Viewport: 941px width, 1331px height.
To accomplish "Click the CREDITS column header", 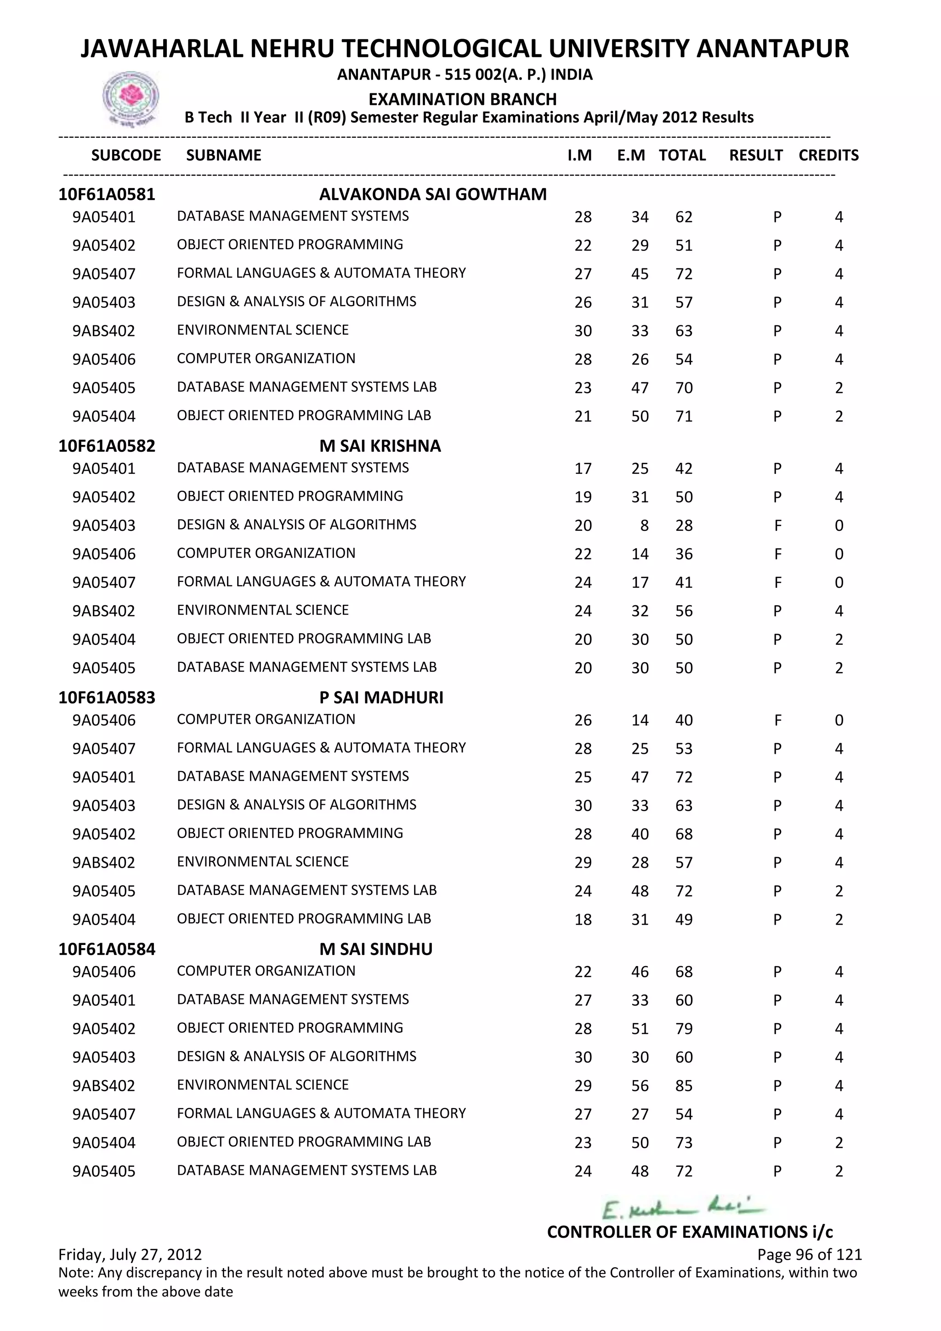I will (828, 155).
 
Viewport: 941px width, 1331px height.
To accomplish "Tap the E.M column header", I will (630, 155).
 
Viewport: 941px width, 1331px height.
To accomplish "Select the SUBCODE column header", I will (126, 155).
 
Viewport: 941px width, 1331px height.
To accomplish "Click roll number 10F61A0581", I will (107, 194).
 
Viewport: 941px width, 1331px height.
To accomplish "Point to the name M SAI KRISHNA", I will (380, 446).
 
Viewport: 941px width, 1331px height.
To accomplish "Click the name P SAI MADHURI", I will (381, 697).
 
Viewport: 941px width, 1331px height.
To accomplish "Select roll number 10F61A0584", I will (107, 949).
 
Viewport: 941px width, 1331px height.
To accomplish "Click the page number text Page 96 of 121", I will (809, 1255).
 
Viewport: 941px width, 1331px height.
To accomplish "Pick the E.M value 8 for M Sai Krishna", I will (644, 526).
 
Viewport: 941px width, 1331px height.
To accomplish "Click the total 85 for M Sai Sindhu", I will (684, 1086).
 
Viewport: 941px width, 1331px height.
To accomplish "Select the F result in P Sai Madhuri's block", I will (777, 721).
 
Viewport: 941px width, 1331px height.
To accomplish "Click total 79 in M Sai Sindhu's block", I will (684, 1029).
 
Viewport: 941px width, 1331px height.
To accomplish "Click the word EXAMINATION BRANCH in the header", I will (462, 99).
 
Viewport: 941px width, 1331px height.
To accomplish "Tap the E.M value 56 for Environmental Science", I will (639, 1086).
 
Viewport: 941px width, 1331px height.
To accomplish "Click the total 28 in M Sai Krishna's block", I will (684, 526).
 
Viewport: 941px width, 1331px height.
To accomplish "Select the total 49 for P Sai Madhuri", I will (684, 919).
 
